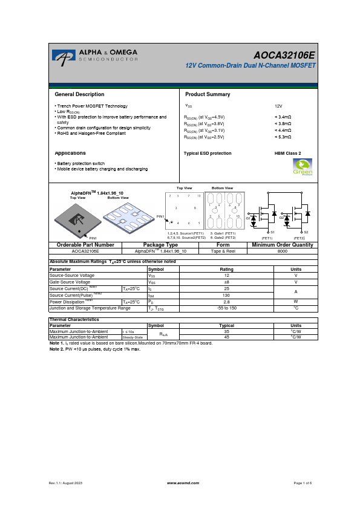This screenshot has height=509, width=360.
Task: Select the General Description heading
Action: [x=79, y=94]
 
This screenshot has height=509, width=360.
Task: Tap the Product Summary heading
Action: [x=208, y=94]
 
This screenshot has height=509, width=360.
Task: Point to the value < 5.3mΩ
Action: [x=283, y=137]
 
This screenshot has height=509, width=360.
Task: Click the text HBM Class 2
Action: [x=287, y=154]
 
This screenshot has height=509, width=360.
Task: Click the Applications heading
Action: [x=70, y=153]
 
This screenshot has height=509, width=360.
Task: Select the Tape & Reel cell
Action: [x=223, y=250]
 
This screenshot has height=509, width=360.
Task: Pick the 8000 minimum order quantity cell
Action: [x=282, y=250]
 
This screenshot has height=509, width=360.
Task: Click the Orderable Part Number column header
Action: [x=85, y=244]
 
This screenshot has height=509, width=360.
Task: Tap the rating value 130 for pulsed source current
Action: [x=226, y=295]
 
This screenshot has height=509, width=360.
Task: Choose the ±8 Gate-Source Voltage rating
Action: [x=226, y=282]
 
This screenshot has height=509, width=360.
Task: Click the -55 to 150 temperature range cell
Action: [x=226, y=308]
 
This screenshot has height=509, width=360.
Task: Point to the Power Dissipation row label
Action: [x=71, y=302]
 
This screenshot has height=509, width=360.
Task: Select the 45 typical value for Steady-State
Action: [x=227, y=337]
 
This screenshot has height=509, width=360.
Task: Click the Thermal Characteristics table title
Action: [x=74, y=319]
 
